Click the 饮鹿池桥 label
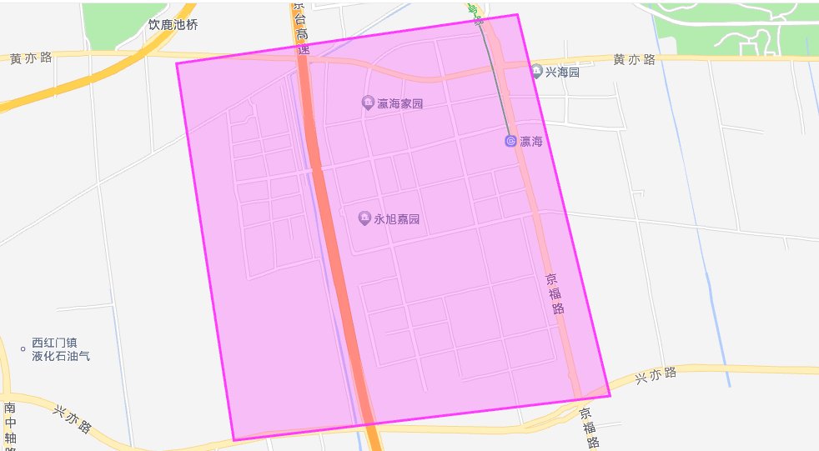(x=173, y=25)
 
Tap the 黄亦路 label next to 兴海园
(x=634, y=59)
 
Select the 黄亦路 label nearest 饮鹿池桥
(x=31, y=58)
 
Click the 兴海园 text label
(x=562, y=73)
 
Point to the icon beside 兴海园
(x=536, y=72)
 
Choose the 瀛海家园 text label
(x=400, y=104)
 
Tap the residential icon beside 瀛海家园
(x=368, y=103)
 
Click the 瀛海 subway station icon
(x=510, y=141)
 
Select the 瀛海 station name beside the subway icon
(x=531, y=142)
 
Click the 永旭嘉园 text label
(x=396, y=220)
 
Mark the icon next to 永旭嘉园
(x=364, y=218)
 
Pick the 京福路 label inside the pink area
(x=555, y=293)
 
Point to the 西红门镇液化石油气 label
(x=61, y=349)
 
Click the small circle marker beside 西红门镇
(x=23, y=349)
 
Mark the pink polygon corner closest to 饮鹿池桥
(x=177, y=63)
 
